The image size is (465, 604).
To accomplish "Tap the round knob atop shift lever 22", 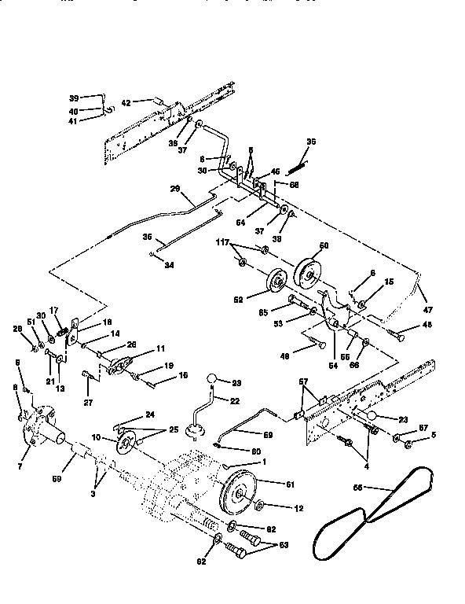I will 211,381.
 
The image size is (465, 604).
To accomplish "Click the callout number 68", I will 294,186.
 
